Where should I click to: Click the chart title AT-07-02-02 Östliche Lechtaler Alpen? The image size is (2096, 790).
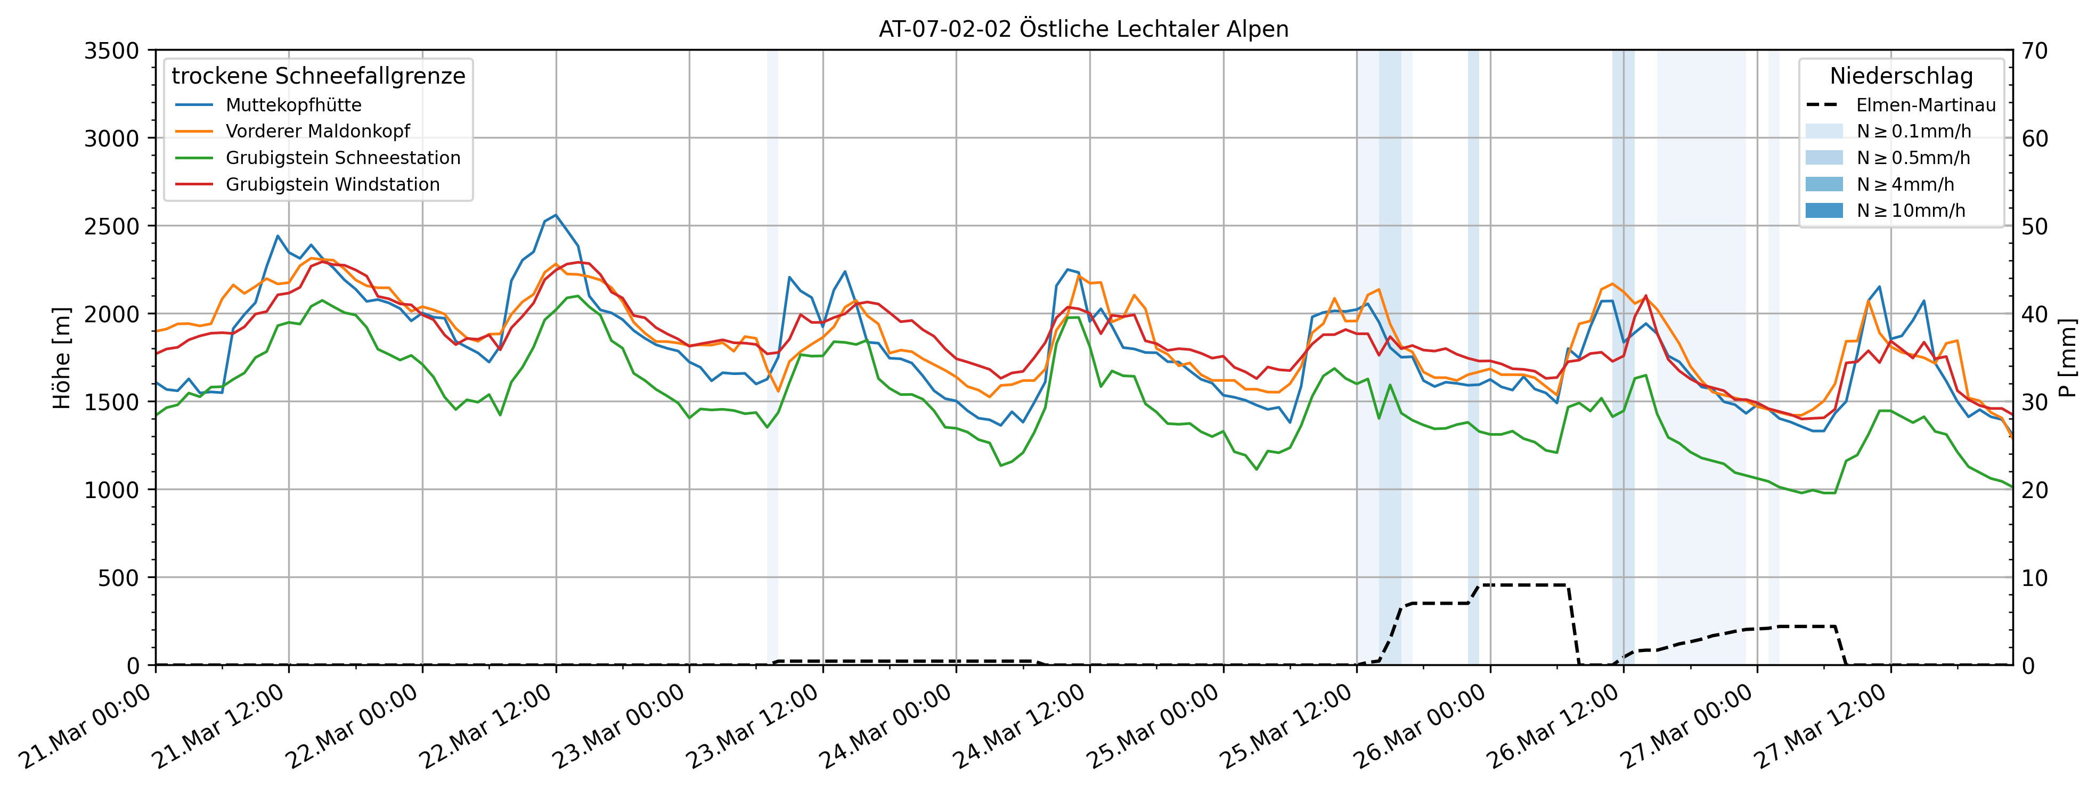pyautogui.click(x=1083, y=29)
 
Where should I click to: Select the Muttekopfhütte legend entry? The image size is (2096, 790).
pyautogui.click(x=293, y=105)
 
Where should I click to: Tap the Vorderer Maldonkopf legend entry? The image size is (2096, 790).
pyautogui.click(x=317, y=131)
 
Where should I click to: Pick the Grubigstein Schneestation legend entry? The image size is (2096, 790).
pyautogui.click(x=342, y=158)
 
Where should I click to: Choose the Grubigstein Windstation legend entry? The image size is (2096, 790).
pyautogui.click(x=332, y=185)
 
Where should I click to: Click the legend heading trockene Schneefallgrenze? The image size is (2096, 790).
pyautogui.click(x=318, y=76)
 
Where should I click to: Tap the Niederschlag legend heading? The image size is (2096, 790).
pyautogui.click(x=1901, y=76)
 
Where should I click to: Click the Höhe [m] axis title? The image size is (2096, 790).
pyautogui.click(x=62, y=358)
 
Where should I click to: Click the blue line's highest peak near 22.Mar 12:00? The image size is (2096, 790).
pyautogui.click(x=556, y=216)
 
